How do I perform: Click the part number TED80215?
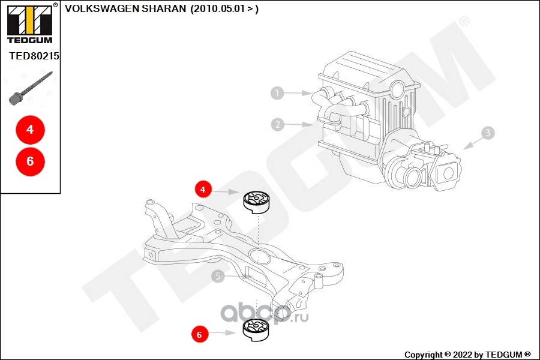click(x=34, y=56)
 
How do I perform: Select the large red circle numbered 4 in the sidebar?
click(x=30, y=129)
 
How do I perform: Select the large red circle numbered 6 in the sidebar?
click(x=30, y=161)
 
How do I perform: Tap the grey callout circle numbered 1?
click(x=277, y=93)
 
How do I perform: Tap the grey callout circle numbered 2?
click(x=277, y=125)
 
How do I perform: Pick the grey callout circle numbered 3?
click(x=488, y=133)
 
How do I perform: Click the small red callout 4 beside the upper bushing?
click(x=203, y=190)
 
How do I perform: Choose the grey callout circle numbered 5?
click(x=218, y=276)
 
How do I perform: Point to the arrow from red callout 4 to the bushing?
click(x=226, y=192)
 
